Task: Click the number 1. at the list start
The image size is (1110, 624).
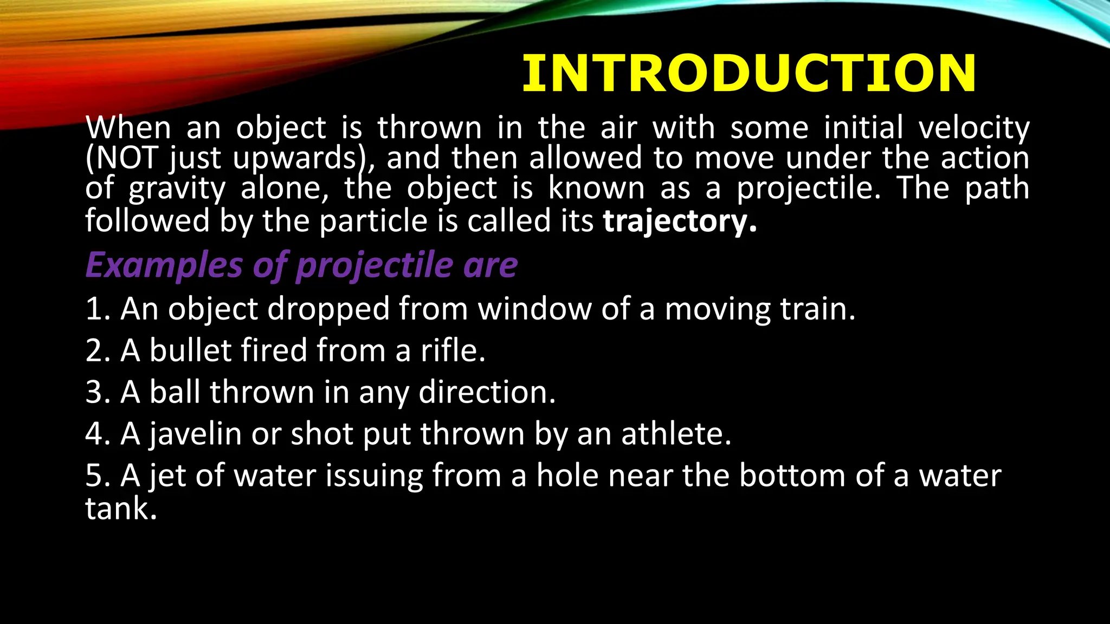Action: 98,309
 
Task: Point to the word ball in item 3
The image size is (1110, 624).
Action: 177,392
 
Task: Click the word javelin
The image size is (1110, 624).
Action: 195,434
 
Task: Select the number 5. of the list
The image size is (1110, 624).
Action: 98,476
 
